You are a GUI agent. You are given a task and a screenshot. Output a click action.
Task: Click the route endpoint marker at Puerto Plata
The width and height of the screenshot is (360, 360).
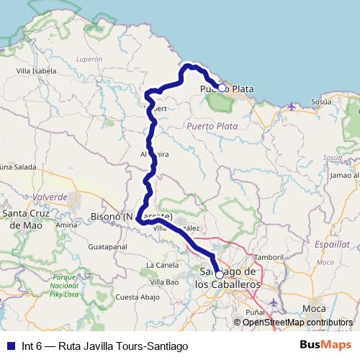[222, 88]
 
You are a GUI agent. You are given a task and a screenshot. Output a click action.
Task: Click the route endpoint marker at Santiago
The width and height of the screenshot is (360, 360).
[219, 274]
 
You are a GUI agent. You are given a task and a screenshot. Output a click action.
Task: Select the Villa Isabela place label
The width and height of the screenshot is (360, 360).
[36, 71]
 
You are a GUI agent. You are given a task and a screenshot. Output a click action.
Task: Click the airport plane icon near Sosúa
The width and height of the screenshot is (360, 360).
[291, 107]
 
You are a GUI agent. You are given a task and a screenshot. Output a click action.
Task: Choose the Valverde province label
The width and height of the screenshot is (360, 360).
[49, 197]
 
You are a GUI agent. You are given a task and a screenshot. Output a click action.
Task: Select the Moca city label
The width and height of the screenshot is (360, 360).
[314, 307]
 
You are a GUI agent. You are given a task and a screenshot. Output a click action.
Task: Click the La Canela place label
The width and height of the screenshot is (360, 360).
[161, 265]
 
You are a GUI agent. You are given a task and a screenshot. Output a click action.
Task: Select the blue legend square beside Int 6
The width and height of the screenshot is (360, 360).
[10, 346]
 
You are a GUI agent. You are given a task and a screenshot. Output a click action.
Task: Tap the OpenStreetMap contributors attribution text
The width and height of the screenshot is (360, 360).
[297, 323]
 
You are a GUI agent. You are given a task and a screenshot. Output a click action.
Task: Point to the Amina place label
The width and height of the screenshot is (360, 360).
[67, 225]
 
